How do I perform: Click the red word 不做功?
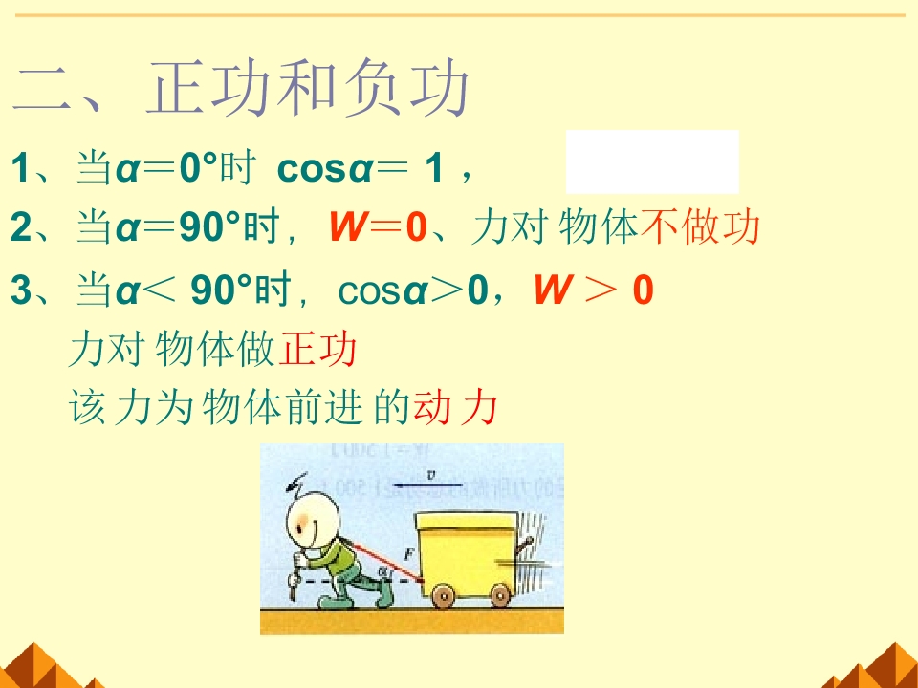(701, 227)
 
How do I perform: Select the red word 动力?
(455, 409)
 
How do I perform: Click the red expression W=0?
(377, 228)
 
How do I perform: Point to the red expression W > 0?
(593, 290)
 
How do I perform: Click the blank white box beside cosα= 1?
(652, 161)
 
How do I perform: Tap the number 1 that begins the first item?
(20, 170)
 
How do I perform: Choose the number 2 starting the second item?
(20, 229)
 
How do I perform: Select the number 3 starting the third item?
(20, 291)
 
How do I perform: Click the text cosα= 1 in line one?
(361, 170)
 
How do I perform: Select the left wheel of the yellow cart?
(443, 596)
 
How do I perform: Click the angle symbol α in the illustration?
(384, 571)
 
